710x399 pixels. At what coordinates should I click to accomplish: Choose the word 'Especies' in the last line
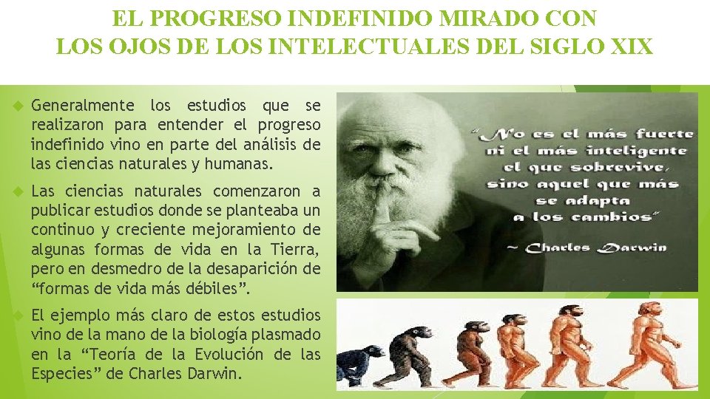(58, 373)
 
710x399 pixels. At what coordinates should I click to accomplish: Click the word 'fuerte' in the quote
(664, 134)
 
